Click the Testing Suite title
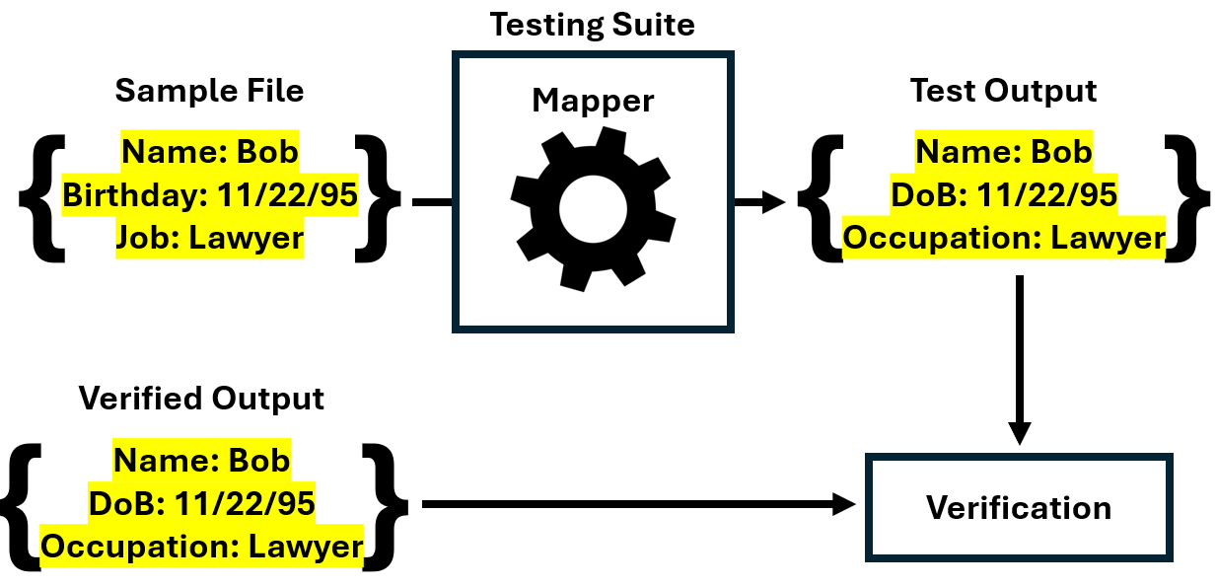(592, 24)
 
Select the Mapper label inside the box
(593, 100)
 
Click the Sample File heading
(209, 91)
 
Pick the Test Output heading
(1003, 91)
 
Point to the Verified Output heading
(201, 399)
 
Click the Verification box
(1019, 508)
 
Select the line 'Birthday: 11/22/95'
(209, 195)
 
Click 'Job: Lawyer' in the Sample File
(209, 238)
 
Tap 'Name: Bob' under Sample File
(209, 152)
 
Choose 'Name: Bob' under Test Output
(1003, 152)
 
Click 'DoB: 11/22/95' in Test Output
(1003, 195)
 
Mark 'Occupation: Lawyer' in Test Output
(1003, 238)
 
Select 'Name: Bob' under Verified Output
(201, 460)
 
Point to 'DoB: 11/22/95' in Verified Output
(201, 503)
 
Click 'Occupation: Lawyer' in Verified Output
(201, 546)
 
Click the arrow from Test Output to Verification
(1019, 360)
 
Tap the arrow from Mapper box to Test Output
(759, 202)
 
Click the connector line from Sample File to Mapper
(432, 202)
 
